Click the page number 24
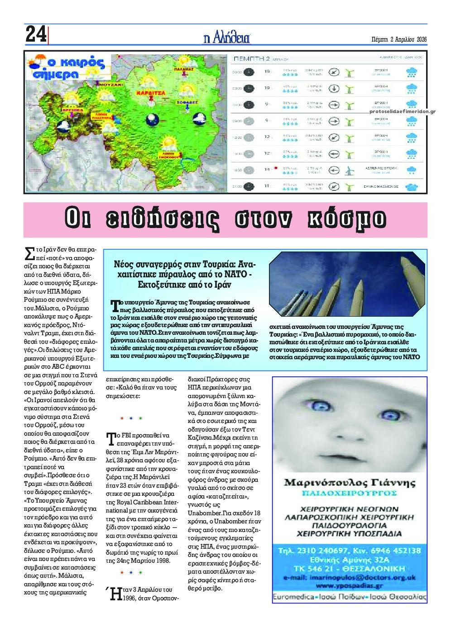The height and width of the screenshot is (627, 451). (x=35, y=34)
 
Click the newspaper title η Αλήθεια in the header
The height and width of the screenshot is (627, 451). (x=227, y=38)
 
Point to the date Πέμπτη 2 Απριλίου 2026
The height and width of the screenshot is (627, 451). (x=399, y=39)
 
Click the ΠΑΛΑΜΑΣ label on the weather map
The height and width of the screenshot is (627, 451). (x=184, y=69)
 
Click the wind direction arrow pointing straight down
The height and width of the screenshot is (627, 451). (x=334, y=88)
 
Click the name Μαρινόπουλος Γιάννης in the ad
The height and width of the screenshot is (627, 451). (x=349, y=482)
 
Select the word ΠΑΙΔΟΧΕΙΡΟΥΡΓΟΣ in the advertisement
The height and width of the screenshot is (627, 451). (x=349, y=493)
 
